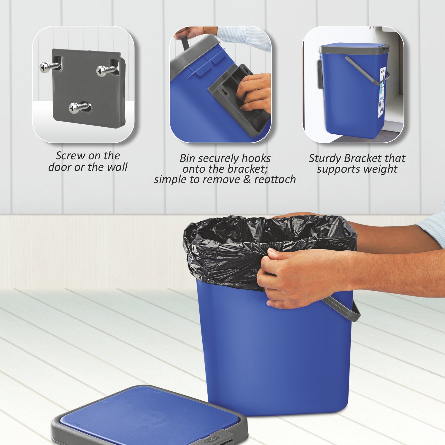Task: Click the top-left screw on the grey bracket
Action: pos(45,67)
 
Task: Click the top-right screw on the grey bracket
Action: pos(102,71)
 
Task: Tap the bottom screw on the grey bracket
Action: pos(74,108)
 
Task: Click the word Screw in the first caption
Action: pos(70,155)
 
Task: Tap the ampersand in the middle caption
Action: pos(247,179)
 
